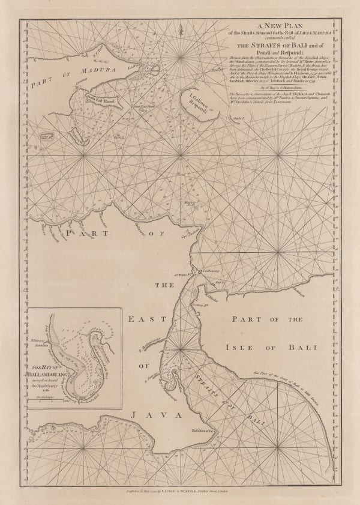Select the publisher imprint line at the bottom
tap(180, 489)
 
